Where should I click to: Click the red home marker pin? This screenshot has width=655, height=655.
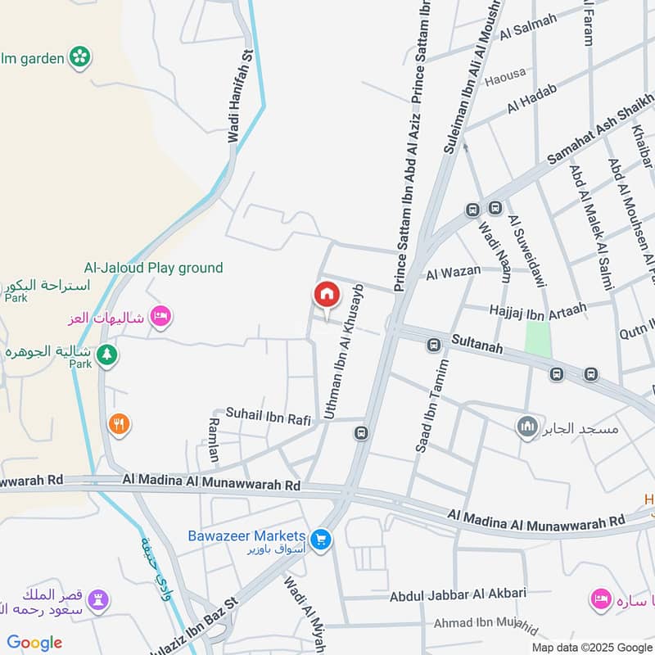coord(327,296)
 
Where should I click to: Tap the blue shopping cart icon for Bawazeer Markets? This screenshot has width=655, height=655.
coord(320,540)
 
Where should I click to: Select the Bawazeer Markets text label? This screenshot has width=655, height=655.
coord(246,535)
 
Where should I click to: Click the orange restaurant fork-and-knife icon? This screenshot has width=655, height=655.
coord(120,424)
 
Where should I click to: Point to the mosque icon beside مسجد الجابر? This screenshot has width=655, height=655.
coord(527,427)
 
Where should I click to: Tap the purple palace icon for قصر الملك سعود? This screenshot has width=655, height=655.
coord(97,599)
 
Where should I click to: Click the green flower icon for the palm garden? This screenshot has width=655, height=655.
coord(79,56)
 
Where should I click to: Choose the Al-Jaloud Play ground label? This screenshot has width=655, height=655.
coord(153,268)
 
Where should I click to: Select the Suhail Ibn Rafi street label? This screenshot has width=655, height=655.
coord(269,418)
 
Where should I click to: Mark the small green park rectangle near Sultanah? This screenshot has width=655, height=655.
coord(538,338)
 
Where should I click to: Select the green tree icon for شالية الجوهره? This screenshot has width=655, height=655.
coord(106,355)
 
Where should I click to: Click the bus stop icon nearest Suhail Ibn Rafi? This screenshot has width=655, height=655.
coord(361,432)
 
